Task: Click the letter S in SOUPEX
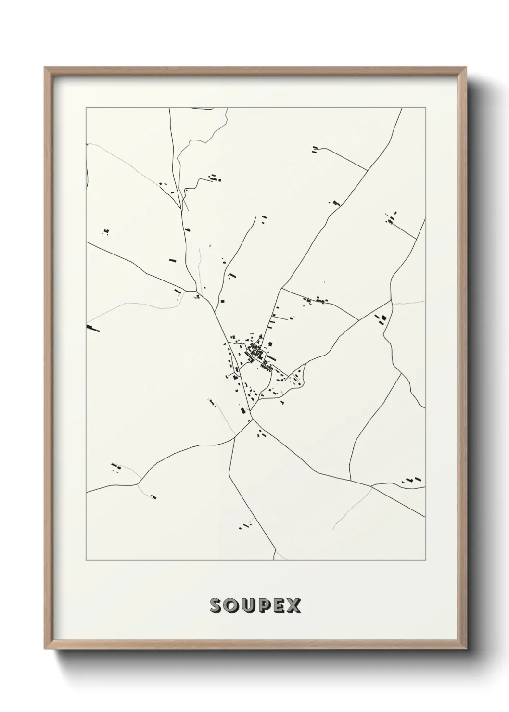click(216, 606)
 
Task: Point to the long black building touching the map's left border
click(92, 329)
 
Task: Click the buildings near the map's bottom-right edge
click(413, 480)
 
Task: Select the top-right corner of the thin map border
click(425, 108)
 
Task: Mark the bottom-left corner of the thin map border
click(86, 560)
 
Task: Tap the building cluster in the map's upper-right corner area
click(391, 219)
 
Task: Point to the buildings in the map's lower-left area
click(115, 466)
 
